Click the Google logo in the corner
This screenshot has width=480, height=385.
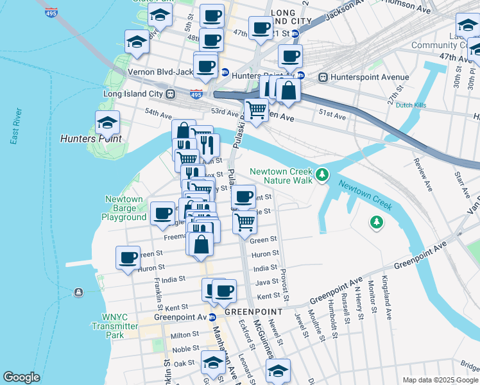coord(21,377)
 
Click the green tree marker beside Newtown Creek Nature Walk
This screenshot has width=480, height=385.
coord(322,174)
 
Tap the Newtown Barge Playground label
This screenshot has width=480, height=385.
coord(124,208)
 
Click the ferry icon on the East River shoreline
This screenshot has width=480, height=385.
coord(78,293)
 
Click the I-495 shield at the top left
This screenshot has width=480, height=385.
coord(49,12)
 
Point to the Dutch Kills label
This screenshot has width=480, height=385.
coord(411,105)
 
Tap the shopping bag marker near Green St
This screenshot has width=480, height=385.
coord(201,244)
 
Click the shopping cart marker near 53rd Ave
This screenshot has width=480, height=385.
coord(257,111)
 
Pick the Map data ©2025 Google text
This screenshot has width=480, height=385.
coord(439,380)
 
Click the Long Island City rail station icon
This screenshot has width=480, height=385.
coord(171,94)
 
